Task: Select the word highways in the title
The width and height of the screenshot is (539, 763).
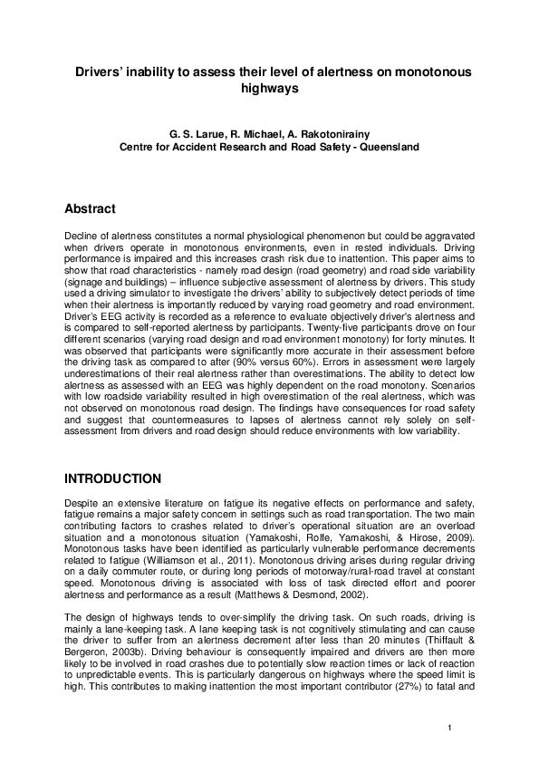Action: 269,89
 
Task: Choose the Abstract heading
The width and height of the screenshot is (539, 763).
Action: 90,209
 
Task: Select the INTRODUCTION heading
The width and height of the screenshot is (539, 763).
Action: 112,478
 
